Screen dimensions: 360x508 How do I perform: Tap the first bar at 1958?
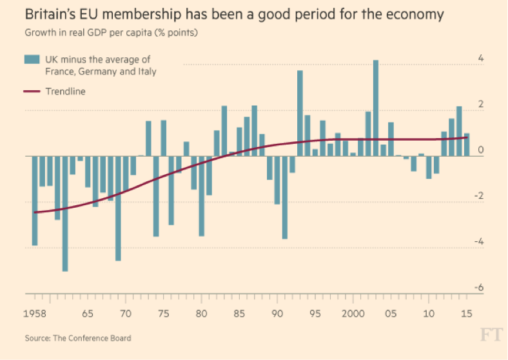(35, 201)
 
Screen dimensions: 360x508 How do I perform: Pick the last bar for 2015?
(467, 145)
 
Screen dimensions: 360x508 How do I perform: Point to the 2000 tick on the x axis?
(353, 314)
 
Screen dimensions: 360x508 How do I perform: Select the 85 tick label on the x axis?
(239, 314)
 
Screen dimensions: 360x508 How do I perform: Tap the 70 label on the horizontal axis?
(125, 314)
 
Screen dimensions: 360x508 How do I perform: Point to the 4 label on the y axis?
(480, 59)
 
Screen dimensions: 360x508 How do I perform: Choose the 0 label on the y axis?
(480, 150)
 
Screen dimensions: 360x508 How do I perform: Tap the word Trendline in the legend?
(65, 92)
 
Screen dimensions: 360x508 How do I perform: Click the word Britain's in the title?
(51, 14)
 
